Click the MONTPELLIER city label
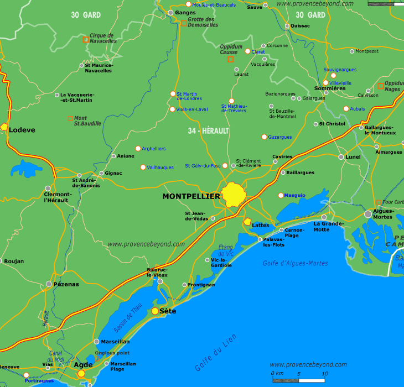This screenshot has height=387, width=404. [191, 196]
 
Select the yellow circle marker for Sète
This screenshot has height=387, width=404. [155, 311]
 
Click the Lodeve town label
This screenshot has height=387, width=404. [22, 130]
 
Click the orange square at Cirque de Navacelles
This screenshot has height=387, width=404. [86, 39]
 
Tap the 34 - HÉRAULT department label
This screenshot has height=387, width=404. [208, 130]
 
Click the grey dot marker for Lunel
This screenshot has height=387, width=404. [341, 157]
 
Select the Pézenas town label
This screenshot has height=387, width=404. [66, 284]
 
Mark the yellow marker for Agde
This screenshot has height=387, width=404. [81, 374]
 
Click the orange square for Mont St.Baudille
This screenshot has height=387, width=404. [70, 118]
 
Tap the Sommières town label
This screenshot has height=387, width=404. [330, 88]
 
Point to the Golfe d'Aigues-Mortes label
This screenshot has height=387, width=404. [295, 263]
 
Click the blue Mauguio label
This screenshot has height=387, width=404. [295, 195]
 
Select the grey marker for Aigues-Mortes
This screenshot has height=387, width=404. [368, 214]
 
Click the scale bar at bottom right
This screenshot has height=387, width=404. [298, 380]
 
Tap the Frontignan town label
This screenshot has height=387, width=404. [202, 285]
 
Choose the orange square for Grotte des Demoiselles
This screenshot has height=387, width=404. [184, 23]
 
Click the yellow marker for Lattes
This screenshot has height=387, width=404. [247, 222]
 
